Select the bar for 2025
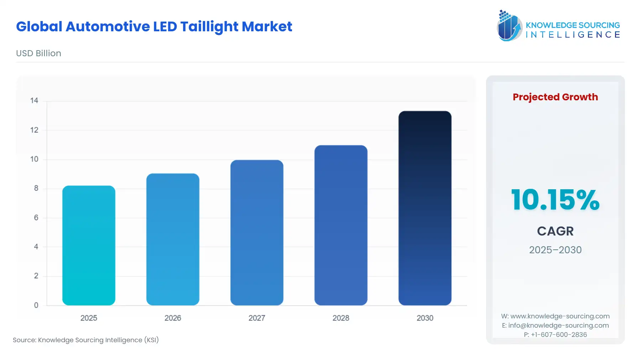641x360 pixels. (89, 245)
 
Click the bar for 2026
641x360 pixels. (173, 239)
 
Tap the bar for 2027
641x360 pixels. (257, 233)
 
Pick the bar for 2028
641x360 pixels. (341, 225)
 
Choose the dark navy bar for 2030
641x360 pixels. (425, 208)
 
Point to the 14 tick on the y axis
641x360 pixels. (34, 101)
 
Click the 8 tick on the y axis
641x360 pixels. (36, 188)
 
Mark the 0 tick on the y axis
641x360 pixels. (36, 305)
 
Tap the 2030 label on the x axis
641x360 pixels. (425, 318)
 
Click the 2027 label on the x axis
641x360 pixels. (257, 318)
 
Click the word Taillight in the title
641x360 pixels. (209, 27)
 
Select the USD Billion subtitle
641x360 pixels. (38, 53)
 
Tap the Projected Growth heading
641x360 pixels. (555, 97)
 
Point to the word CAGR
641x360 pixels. (555, 231)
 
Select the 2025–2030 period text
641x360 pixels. (555, 250)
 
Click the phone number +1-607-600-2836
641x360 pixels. (558, 334)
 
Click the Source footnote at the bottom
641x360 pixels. (86, 340)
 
